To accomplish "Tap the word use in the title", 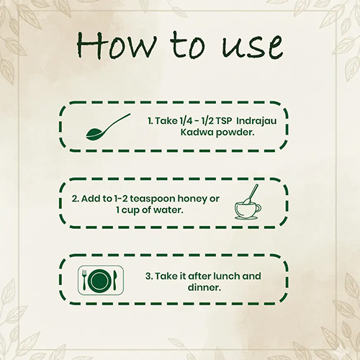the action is tap(252, 46).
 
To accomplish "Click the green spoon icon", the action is tap(108, 127).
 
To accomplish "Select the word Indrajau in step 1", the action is tap(256, 121).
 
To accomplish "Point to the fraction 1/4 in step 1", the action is tap(186, 121).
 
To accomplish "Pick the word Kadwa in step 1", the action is tap(197, 132).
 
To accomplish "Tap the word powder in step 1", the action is tap(235, 133).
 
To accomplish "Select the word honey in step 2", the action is tap(192, 199).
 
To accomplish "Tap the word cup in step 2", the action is tap(130, 211).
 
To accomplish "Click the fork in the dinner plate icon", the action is tap(84, 279).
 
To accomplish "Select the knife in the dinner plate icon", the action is tap(115, 280).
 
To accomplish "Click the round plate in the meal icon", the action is tap(99, 280).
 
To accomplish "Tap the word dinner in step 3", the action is tap(204, 287).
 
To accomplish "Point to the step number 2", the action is tap(75, 199).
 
